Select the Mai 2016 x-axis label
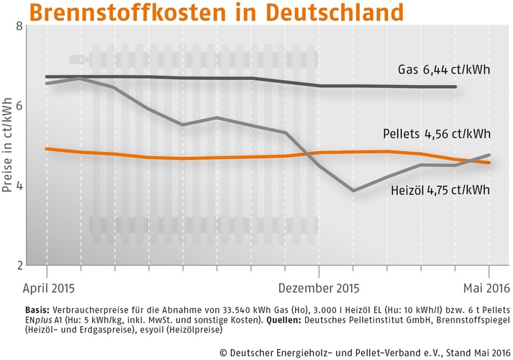[486, 289]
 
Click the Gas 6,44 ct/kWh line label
[445, 71]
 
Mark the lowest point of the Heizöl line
[353, 191]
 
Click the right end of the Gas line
[457, 87]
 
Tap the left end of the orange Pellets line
[46, 149]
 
